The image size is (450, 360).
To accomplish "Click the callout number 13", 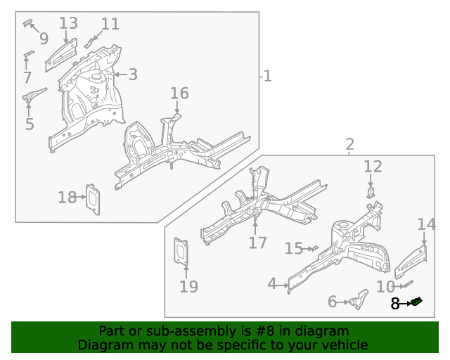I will [68, 23].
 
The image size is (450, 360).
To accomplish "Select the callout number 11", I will [110, 24].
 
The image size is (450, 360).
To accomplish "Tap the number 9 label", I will [44, 38].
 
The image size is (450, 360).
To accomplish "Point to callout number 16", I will [179, 94].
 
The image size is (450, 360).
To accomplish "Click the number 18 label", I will [67, 198].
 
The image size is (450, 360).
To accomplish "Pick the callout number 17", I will [257, 243].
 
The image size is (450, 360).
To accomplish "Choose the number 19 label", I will [188, 286].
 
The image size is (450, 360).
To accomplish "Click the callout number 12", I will [373, 167].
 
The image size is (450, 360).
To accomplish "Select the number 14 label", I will [426, 224].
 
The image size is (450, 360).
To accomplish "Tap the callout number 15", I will [294, 248].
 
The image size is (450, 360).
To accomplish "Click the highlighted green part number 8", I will [417, 302].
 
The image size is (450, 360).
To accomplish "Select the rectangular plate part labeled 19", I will [182, 252].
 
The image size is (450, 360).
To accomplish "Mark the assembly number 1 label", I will [267, 75].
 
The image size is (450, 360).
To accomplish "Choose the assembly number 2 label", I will [349, 145].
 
